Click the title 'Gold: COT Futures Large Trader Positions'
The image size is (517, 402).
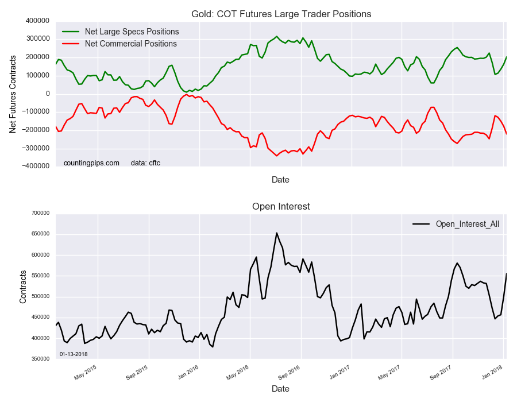click(x=280, y=14)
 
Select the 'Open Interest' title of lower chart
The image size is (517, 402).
click(x=280, y=206)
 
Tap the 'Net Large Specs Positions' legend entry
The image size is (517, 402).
click(x=132, y=31)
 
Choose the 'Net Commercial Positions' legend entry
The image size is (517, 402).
click(x=130, y=44)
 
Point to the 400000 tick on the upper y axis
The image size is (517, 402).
click(x=37, y=21)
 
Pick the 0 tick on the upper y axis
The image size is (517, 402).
click(x=48, y=94)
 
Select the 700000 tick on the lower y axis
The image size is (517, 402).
click(x=40, y=213)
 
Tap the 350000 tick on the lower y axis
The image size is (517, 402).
click(x=40, y=359)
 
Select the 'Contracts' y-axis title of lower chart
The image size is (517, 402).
click(x=23, y=285)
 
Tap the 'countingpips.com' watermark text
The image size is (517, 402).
click(x=91, y=163)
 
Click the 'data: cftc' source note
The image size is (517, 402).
click(x=146, y=163)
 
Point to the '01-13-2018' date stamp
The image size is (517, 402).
click(x=74, y=354)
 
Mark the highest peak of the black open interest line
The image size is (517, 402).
click(x=276, y=233)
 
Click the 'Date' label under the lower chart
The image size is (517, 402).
click(x=280, y=389)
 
